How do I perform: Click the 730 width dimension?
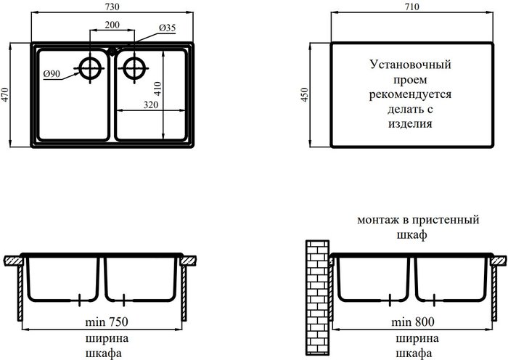click(x=112, y=7)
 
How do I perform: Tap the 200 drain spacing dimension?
click(x=112, y=25)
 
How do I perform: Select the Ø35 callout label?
click(x=167, y=28)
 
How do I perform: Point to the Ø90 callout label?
click(x=52, y=74)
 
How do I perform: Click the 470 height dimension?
click(x=6, y=94)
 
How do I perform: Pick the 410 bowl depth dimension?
click(x=157, y=89)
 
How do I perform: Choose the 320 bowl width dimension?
click(x=151, y=105)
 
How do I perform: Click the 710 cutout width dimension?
click(x=411, y=7)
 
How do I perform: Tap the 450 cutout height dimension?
click(x=306, y=94)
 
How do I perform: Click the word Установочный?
click(x=411, y=65)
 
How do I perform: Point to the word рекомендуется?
click(x=411, y=94)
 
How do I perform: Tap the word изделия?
click(x=411, y=124)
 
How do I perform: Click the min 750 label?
click(x=107, y=322)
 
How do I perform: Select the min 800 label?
click(x=413, y=322)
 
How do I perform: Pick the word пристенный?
click(x=446, y=220)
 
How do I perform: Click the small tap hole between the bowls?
click(x=112, y=51)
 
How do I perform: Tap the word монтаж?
click(x=378, y=221)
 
